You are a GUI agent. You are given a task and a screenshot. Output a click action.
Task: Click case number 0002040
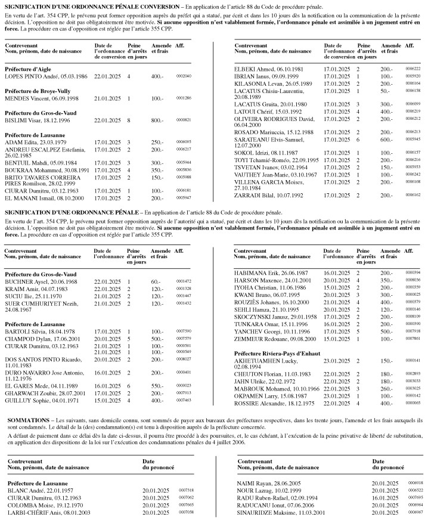(x=184, y=77)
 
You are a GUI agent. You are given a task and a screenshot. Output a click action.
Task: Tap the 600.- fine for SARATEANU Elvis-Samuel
(x=387, y=138)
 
